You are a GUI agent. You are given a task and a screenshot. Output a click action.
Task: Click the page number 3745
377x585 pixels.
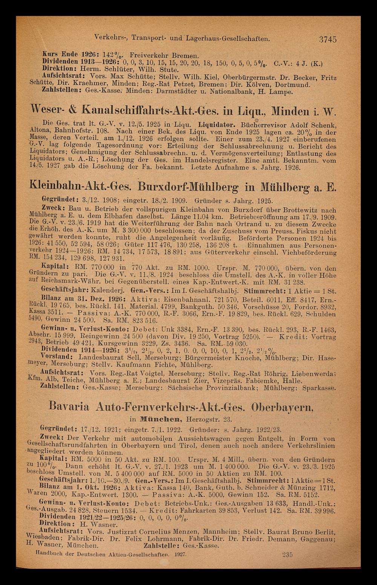[327, 39]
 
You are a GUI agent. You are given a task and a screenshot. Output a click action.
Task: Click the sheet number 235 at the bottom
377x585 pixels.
[287, 554]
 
